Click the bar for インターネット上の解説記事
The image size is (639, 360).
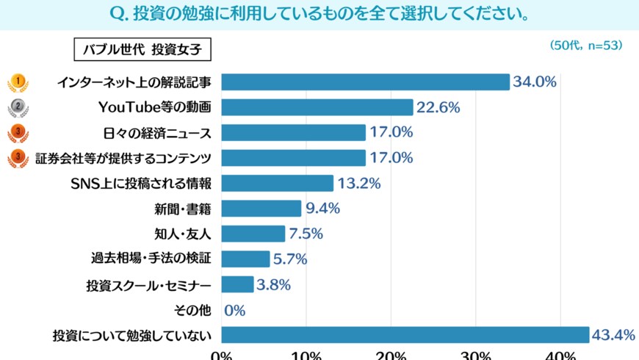tap(365, 82)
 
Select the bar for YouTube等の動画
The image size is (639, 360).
tap(317, 107)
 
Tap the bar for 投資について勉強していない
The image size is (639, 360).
tap(405, 335)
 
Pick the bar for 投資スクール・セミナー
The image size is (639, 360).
tap(237, 285)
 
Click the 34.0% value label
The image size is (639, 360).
tap(535, 82)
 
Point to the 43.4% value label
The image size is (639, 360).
tap(614, 335)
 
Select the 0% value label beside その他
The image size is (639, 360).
tap(234, 311)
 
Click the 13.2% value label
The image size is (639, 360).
tap(359, 184)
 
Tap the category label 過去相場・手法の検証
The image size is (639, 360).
tap(151, 259)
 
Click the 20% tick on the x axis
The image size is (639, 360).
tap(391, 356)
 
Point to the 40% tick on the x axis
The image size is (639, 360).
tap(560, 356)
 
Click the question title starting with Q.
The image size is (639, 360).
tap(319, 15)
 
